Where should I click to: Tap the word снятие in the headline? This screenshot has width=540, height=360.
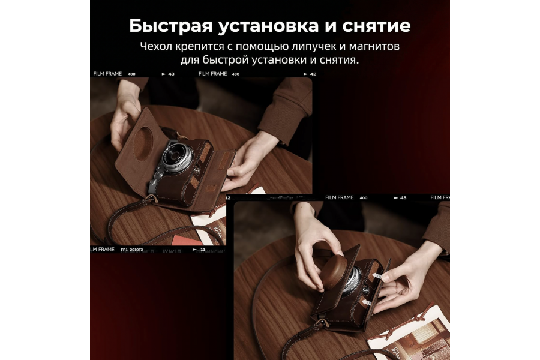tap(379, 26)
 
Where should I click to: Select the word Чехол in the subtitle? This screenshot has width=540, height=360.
tap(157, 46)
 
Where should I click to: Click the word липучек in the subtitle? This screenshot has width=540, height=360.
tap(292, 46)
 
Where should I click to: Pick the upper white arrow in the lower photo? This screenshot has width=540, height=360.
tap(377, 275)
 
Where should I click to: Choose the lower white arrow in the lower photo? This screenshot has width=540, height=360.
tap(364, 304)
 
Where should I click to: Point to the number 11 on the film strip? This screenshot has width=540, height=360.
tap(203, 249)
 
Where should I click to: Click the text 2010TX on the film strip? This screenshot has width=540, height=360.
tap(136, 249)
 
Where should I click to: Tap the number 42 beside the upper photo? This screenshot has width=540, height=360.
tap(313, 74)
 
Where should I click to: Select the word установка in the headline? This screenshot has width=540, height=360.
tap(272, 26)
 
